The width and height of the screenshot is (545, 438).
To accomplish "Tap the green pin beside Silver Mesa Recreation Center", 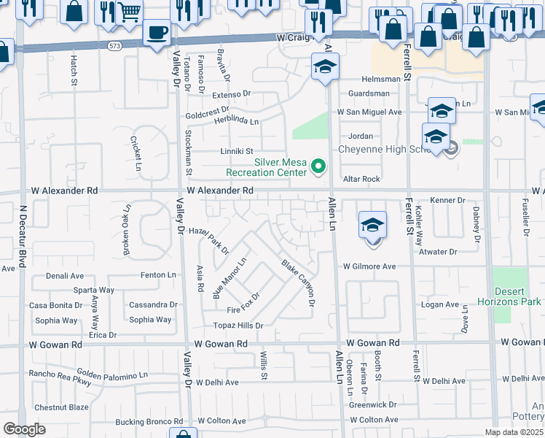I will click(x=318, y=168).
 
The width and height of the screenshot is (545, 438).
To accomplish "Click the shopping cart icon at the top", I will click(x=129, y=12).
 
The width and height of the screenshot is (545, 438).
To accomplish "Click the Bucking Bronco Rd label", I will click(x=149, y=422).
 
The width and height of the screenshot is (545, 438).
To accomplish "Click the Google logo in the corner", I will click(x=24, y=429).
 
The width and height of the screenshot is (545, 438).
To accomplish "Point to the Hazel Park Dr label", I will click(x=208, y=239).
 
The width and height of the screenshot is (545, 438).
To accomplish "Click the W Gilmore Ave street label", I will click(x=369, y=266).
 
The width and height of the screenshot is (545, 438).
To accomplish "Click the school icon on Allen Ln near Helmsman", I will click(x=325, y=68).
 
